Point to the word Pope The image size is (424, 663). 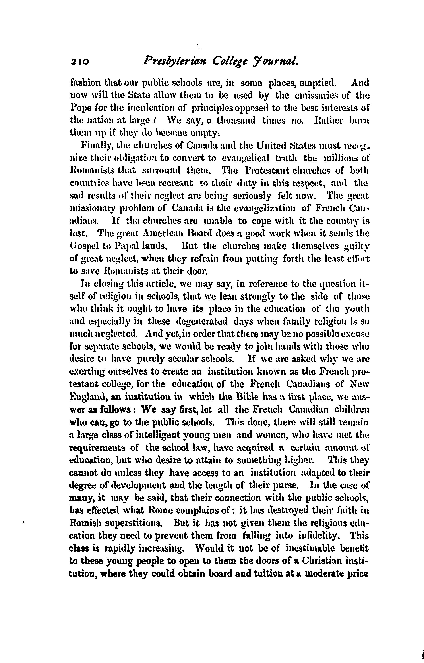coord(78,108)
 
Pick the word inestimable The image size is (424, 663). coord(311,548)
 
